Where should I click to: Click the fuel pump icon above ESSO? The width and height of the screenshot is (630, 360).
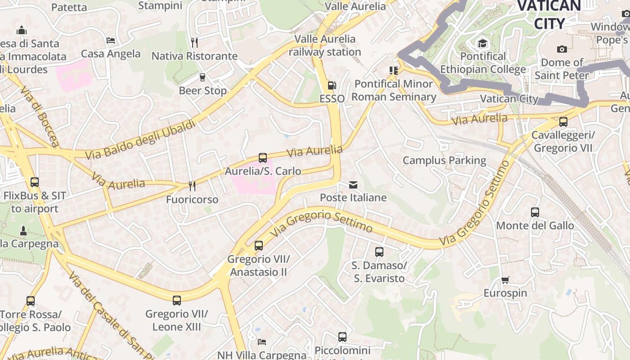pos(332,85)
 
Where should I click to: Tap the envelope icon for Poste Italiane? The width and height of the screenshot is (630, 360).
pos(353,184)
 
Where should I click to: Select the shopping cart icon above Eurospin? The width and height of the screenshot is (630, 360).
pos(505,280)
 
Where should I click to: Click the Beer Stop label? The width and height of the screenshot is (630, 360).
pos(203,90)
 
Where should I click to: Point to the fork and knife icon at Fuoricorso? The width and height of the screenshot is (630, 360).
pos(192,186)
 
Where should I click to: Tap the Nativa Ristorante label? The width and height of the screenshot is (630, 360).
pos(194,56)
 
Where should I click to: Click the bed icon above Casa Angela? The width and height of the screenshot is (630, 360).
pos(111,40)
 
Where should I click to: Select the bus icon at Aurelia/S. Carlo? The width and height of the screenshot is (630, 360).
pos(263,158)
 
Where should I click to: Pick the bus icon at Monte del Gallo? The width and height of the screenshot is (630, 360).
pos(535,212)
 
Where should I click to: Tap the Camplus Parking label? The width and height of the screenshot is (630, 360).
pos(444,160)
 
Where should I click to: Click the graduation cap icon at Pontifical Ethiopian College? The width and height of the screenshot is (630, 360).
pos(483,43)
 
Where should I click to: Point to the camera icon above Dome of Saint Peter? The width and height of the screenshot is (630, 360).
pos(562,49)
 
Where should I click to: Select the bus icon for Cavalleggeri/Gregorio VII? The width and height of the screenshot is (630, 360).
pos(563,121)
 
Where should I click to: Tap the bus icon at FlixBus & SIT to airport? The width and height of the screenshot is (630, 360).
pos(35,182)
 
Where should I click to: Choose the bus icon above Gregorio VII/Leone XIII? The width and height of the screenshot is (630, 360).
pos(177,300)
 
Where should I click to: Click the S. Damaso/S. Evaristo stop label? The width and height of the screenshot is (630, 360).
pos(379,272)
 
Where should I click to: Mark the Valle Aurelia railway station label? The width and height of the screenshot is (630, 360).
pos(325,45)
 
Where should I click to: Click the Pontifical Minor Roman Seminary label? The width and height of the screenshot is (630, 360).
pos(394,90)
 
